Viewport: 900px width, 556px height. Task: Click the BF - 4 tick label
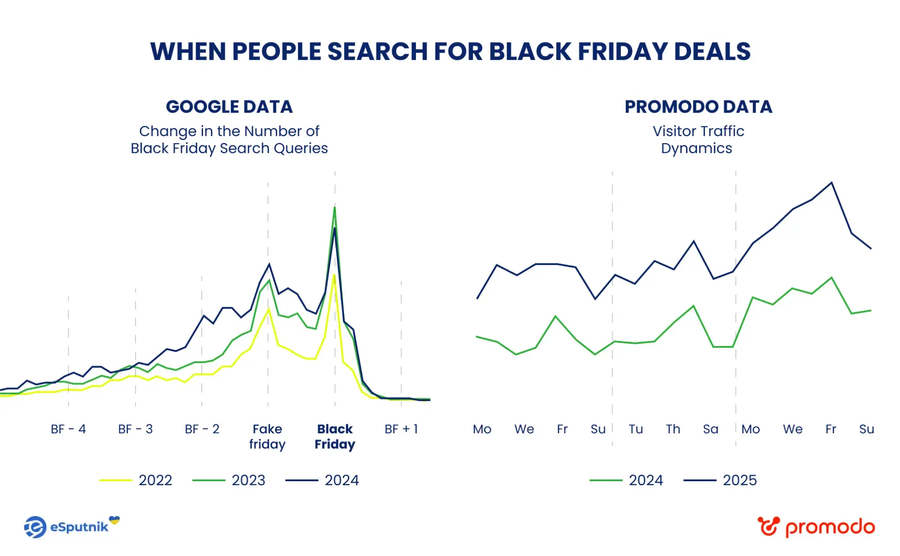coord(68,429)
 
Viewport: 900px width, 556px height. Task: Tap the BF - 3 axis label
coord(135,429)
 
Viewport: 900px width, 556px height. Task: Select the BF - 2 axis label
coord(202,429)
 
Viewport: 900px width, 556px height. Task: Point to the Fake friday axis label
coord(267,436)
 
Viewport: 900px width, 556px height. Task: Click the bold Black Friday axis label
coord(335,436)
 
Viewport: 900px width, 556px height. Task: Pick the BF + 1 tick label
coord(401,429)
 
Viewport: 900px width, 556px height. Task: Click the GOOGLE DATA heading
coord(229,107)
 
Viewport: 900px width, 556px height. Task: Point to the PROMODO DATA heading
coord(698,107)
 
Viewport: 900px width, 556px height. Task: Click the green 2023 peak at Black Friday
coord(335,207)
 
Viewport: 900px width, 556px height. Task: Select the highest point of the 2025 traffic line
coord(832,182)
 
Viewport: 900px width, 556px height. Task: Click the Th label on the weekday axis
coord(673,429)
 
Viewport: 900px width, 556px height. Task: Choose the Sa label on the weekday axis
coord(710,429)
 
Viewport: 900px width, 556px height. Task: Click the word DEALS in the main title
coord(712,51)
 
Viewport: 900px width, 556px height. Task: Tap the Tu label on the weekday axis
coord(635,429)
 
